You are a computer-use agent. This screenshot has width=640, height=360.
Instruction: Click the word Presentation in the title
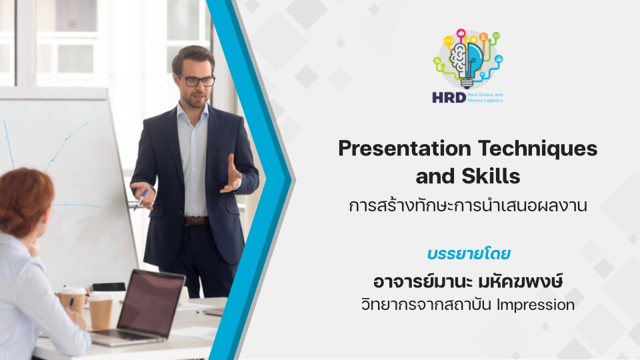point(405,149)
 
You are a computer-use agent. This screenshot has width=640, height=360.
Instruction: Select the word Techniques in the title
point(538,149)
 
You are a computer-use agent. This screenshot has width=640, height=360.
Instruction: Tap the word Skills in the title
point(491,176)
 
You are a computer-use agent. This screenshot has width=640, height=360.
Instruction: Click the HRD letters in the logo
point(449,97)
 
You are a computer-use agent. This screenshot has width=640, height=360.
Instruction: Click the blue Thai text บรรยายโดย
point(469,253)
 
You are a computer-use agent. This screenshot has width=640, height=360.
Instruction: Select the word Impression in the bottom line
point(535,305)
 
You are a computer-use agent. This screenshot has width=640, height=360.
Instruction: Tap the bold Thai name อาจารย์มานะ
point(423,281)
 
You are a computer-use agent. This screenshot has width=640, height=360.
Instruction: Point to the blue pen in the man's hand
point(141,199)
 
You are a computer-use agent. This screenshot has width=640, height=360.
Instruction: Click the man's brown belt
point(196,221)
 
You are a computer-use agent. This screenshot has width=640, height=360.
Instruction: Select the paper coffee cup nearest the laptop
point(101,311)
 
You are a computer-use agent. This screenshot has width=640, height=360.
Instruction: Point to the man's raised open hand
point(231,175)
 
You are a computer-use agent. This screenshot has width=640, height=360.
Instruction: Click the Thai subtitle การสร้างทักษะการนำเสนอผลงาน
point(468,205)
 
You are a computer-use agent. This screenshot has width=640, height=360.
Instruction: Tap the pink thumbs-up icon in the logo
point(461,33)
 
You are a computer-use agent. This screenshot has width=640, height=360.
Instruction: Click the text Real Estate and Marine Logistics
point(485,97)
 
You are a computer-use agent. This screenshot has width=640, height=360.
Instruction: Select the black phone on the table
point(108,287)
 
